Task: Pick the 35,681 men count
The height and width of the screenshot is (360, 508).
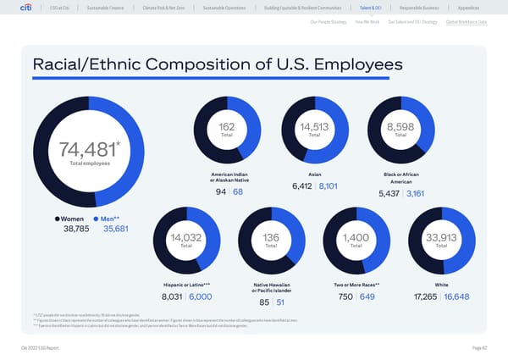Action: [116, 229]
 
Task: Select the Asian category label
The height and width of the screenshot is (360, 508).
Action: [315, 174]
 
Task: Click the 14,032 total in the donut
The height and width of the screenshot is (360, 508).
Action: [185, 238]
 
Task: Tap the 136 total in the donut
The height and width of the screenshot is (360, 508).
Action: [271, 238]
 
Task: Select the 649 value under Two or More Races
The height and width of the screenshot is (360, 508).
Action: [367, 296]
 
